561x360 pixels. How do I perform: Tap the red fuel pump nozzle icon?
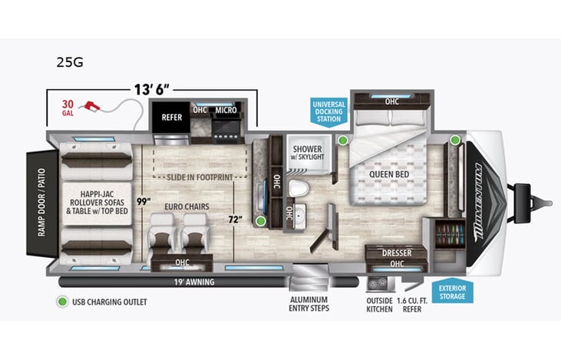pos(94,105)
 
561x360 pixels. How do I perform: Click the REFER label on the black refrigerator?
pos(171,117)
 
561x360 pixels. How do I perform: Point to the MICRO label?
pos(226,110)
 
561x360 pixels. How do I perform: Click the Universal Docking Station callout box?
pos(328,111)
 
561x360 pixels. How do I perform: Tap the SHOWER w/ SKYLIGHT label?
pos(307,152)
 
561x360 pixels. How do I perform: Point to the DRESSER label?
pos(396,252)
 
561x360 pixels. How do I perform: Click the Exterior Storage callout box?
pos(453,292)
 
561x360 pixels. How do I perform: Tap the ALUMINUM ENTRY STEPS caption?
pos(309,304)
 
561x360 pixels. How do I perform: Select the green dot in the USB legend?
pos(60,302)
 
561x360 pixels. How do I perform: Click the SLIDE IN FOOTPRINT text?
pos(202,177)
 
